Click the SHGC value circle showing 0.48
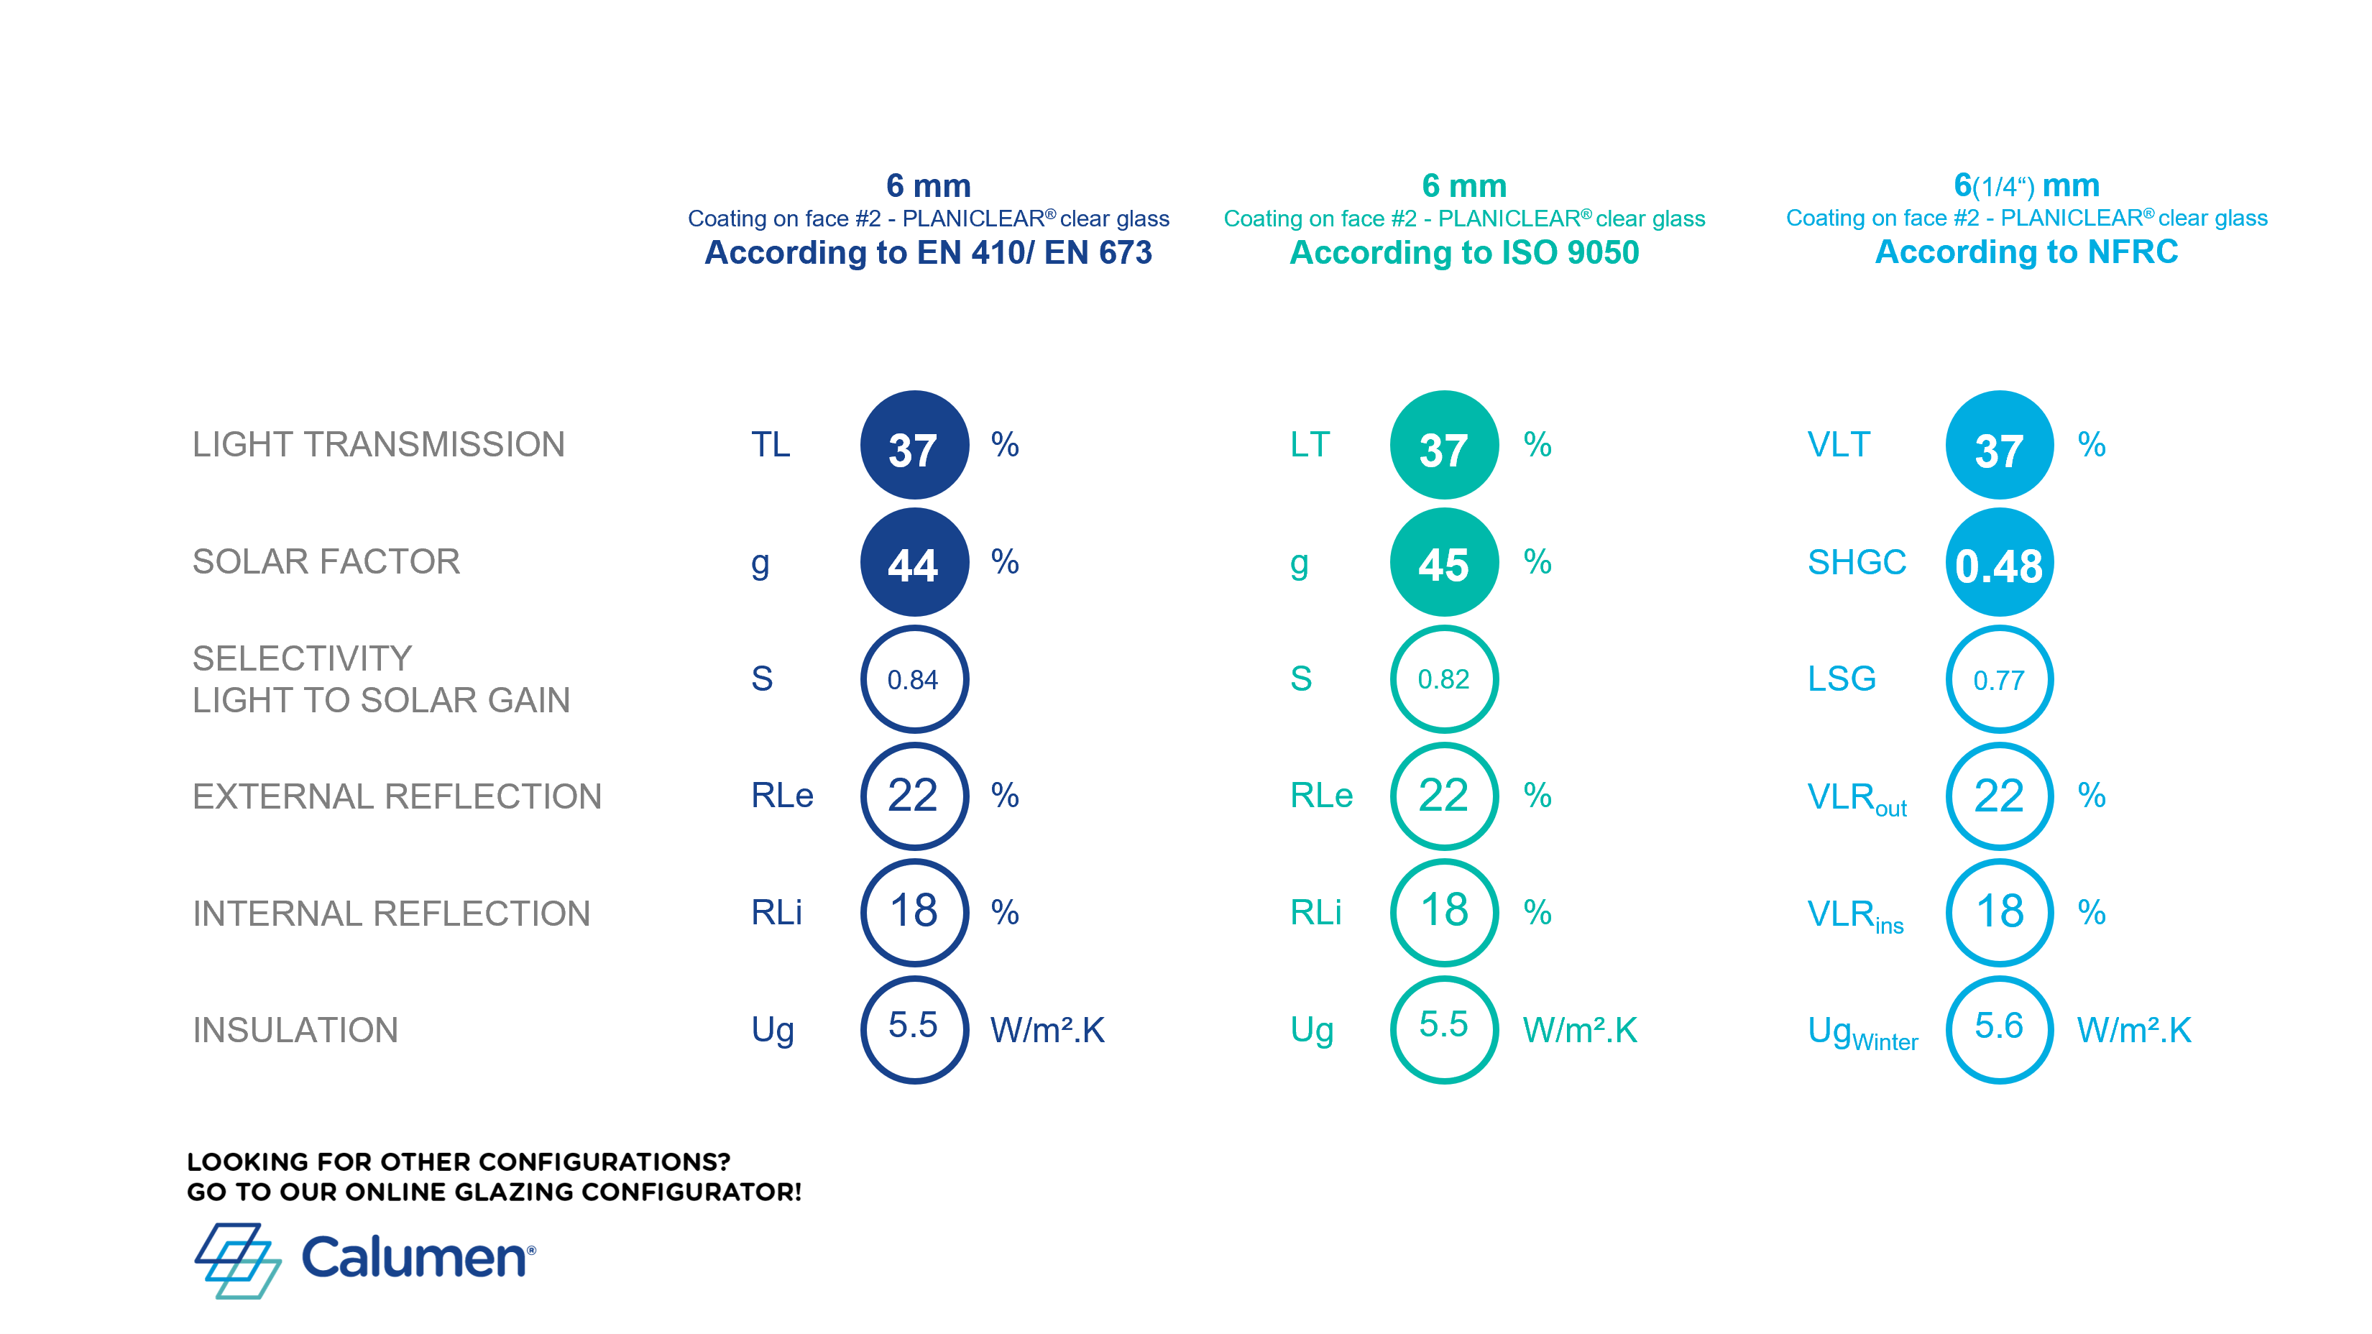[1998, 563]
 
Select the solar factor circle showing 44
[914, 563]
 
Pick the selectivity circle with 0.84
[914, 679]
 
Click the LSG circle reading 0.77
[1998, 679]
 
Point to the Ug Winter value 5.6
[1998, 1029]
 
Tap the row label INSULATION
[295, 1029]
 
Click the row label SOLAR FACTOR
[326, 561]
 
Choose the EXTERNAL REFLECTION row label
[397, 796]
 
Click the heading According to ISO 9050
[1464, 252]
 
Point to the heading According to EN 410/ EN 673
[928, 252]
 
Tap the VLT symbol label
[1838, 445]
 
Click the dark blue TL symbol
[771, 445]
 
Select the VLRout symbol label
[1857, 797]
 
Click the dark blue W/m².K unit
[1047, 1030]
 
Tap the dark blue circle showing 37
[914, 446]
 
